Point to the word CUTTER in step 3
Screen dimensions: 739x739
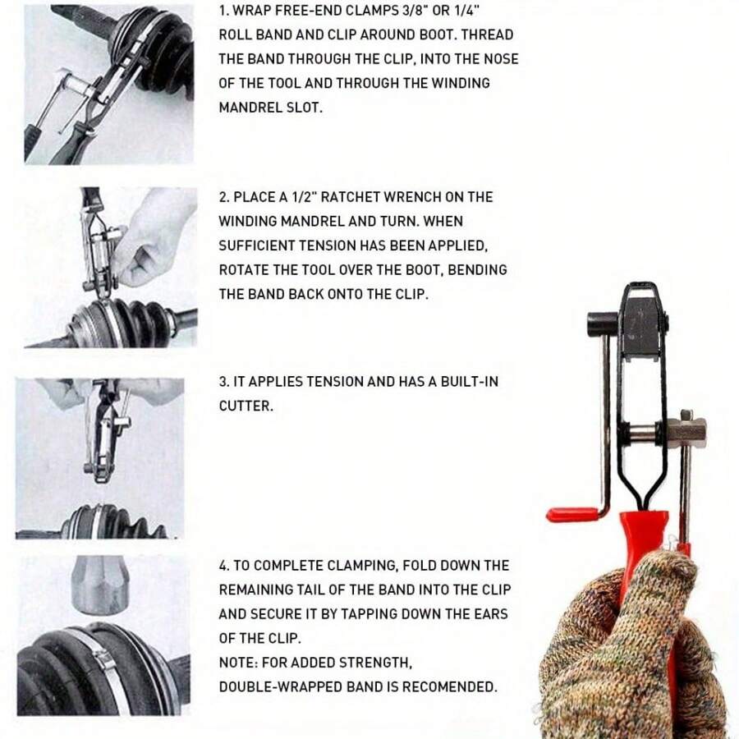pos(246,406)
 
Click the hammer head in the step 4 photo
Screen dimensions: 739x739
pos(100,585)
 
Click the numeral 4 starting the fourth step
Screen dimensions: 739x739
pos(223,565)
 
